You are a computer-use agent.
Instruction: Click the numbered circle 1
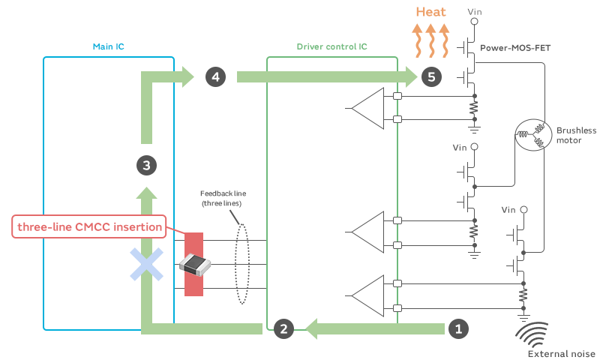point(458,328)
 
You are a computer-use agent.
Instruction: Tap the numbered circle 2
point(283,328)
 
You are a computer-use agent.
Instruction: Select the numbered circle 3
point(146,165)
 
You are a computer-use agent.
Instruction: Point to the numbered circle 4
point(215,77)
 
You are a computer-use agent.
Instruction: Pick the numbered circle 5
point(431,77)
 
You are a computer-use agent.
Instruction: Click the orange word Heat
point(430,12)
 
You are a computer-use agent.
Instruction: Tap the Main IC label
point(108,46)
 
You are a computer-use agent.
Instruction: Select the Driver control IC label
point(331,46)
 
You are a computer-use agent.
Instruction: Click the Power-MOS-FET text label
point(515,48)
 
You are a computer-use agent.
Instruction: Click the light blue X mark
point(146,264)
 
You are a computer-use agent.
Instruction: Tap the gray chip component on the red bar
point(195,264)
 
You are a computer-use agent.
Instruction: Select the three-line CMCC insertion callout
point(89,226)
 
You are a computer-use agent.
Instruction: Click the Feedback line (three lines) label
point(223,198)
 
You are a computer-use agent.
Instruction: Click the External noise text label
point(561,354)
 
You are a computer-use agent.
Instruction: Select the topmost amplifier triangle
point(367,108)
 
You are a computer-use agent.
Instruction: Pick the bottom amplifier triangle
point(367,295)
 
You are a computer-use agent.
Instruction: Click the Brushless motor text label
point(576,136)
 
